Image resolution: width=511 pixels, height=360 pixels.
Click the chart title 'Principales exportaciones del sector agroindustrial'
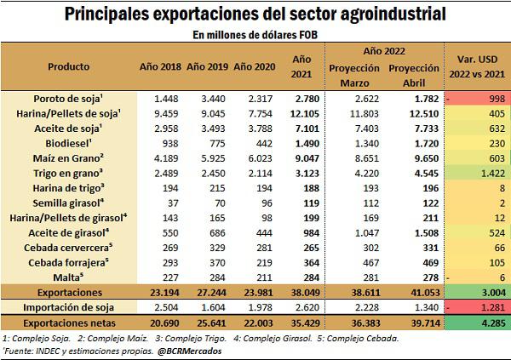tap(255, 14)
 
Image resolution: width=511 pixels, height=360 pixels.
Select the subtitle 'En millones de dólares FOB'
tap(255, 35)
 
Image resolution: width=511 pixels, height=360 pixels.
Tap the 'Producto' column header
tap(68, 66)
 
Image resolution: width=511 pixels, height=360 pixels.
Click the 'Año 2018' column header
tap(160, 66)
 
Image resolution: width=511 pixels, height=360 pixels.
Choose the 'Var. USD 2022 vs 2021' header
tap(479, 66)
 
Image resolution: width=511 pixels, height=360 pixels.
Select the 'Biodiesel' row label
tap(68, 144)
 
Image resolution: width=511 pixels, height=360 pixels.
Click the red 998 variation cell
tap(479, 98)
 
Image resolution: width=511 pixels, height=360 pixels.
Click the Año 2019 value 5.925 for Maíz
tap(207, 159)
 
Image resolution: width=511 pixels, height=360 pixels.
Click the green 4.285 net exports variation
tap(479, 323)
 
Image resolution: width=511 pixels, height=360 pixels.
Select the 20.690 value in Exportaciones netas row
tap(160, 323)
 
